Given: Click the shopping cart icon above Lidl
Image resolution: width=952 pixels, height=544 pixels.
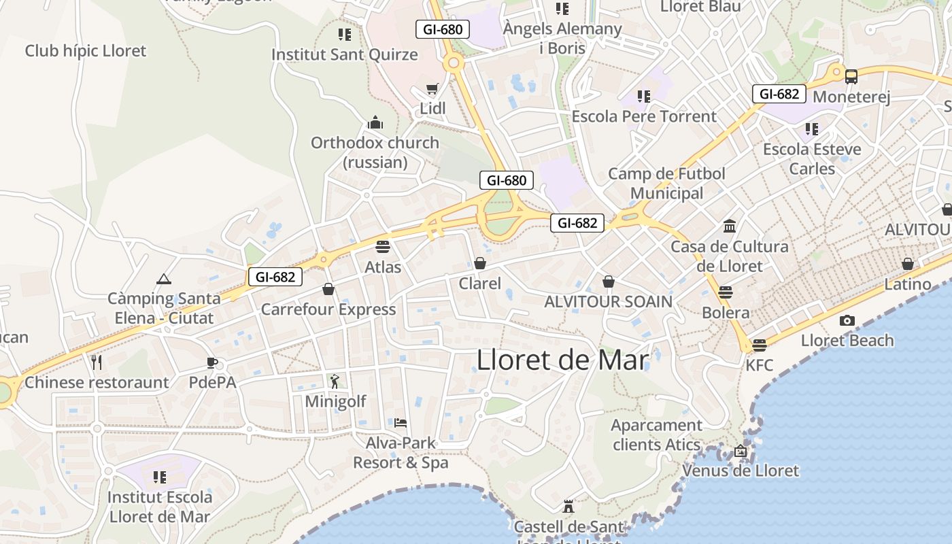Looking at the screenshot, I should tap(432, 89).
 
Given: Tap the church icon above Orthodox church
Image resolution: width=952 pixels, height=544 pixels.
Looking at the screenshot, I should tap(375, 123).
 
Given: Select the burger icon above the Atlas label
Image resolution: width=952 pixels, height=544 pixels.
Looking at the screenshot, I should tap(383, 246).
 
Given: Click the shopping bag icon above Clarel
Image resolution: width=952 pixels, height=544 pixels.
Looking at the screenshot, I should tap(480, 262).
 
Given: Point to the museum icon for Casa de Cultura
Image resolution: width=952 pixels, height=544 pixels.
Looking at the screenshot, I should tap(730, 226).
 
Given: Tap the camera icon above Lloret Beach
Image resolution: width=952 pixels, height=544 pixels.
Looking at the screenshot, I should tap(847, 320).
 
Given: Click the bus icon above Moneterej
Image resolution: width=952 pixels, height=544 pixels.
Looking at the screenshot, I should tap(851, 76).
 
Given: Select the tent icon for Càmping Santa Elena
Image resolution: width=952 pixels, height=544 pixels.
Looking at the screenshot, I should tap(163, 279).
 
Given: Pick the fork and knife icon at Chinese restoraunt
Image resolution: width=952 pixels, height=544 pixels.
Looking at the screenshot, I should tap(97, 362).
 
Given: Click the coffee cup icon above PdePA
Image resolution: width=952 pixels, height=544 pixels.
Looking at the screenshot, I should tap(212, 362).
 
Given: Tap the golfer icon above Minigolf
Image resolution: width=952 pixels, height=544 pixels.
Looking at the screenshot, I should tap(334, 381).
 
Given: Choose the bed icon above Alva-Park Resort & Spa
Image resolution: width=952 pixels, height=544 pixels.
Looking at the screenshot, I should tap(401, 423).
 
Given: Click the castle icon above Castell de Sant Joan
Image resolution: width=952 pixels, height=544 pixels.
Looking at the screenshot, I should tap(568, 507).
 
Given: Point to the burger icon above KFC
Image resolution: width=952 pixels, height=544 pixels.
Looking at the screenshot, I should tap(760, 345).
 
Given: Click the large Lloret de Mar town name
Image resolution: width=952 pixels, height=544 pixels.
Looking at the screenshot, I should tap(562, 360).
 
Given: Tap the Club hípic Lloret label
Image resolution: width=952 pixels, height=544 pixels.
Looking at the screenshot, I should tap(86, 50).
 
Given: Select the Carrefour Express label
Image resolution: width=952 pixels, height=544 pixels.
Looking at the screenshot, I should tap(328, 309).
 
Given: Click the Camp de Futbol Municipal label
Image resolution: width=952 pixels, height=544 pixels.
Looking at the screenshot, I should tap(666, 184).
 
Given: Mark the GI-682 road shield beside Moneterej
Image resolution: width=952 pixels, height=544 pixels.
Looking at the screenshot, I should tap(779, 94).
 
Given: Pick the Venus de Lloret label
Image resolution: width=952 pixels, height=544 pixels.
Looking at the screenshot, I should tap(741, 471).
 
